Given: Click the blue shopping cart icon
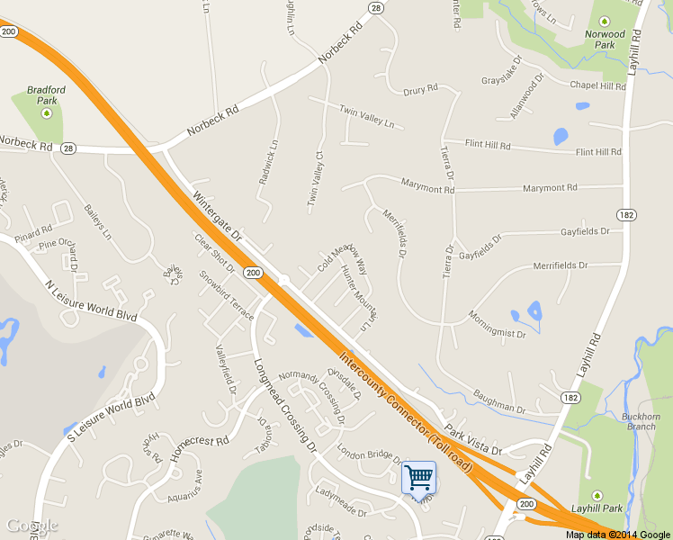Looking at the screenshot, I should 418,477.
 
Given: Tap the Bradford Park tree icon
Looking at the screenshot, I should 47,113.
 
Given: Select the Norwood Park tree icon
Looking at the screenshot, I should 604,21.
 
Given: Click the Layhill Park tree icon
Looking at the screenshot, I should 597,496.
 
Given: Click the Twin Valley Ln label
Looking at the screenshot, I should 366,115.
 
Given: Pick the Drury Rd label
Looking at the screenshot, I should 419,90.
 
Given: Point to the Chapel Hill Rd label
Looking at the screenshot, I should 597,85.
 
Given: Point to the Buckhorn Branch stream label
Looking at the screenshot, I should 641,421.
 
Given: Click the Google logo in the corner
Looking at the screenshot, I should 32,525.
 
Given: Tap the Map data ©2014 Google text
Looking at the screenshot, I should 618,535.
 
